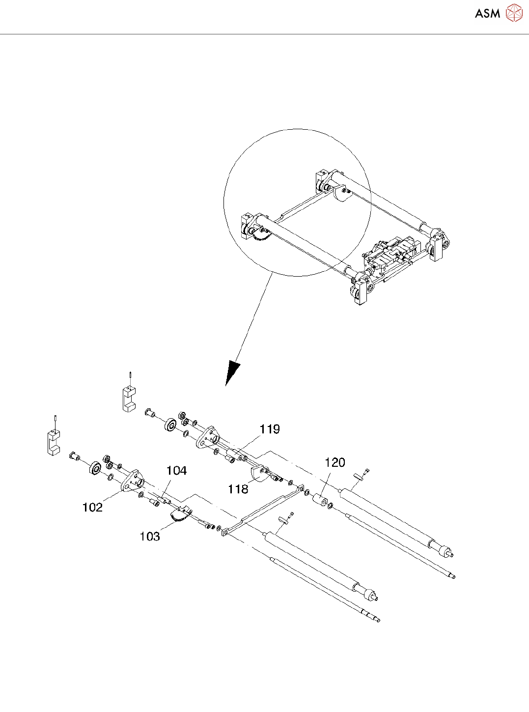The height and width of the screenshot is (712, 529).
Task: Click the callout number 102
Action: pos(92,507)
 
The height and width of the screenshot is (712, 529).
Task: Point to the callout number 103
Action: pos(150,536)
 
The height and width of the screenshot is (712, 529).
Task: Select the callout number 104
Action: pos(176,471)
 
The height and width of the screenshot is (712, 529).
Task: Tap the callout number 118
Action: pos(238,489)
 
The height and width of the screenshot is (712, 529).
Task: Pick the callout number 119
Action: pos(270,429)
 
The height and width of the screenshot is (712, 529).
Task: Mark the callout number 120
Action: pos(335,462)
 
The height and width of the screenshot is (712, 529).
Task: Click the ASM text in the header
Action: pos(487,14)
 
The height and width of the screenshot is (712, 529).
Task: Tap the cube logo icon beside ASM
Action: pos(514,13)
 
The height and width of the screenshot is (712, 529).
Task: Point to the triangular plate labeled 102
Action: pos(131,481)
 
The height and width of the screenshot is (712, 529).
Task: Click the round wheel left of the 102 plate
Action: pos(95,468)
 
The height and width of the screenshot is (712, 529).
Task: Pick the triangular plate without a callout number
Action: pos(207,437)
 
